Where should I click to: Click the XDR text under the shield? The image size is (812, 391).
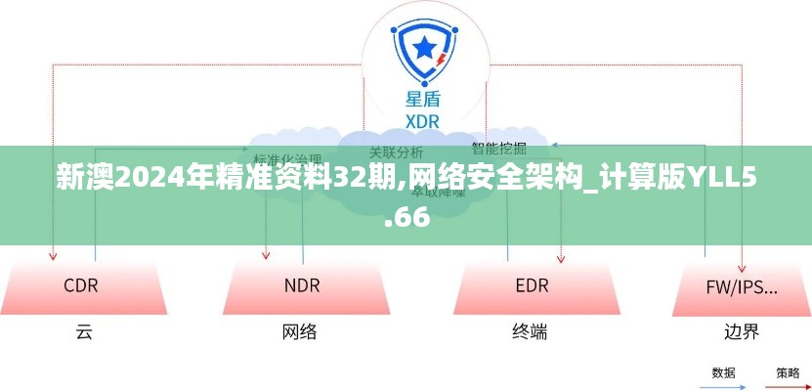(x=422, y=120)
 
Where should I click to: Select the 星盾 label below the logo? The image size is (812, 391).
(x=422, y=99)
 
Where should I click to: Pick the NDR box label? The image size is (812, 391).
(x=302, y=285)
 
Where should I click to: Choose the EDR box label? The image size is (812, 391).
(x=532, y=285)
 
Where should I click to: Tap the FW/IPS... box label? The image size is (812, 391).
(x=742, y=286)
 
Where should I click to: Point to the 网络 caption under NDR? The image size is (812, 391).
(x=300, y=331)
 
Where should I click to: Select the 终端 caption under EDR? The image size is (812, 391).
(x=530, y=331)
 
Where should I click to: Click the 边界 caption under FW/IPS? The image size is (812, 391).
(x=743, y=331)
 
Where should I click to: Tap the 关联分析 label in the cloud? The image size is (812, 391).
(x=396, y=152)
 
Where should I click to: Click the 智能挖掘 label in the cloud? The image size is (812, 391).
(x=498, y=149)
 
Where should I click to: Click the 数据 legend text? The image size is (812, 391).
(x=724, y=372)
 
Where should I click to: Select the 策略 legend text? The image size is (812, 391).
(x=788, y=372)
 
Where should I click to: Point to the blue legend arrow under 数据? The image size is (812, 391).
(x=724, y=384)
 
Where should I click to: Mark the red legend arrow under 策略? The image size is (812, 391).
(x=788, y=384)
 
